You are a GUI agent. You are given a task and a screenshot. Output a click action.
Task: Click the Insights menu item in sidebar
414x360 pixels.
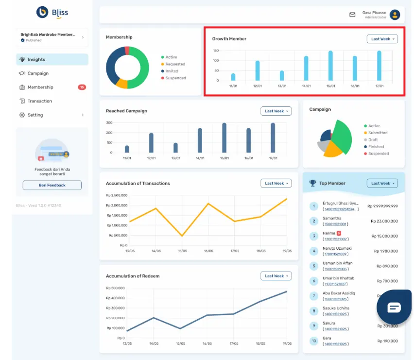[x=36, y=59]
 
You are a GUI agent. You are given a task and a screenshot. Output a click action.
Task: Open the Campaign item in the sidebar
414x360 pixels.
[x=37, y=73]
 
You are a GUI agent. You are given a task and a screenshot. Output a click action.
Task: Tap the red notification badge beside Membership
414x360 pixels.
[x=82, y=87]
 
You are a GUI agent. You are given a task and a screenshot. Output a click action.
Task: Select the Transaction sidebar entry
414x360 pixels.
[x=39, y=101]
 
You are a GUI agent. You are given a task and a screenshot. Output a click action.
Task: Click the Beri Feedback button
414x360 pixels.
[x=52, y=185]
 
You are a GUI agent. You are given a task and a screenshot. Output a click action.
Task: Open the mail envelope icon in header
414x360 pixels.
[x=352, y=15]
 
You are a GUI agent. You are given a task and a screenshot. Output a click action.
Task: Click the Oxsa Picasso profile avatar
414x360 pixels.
[x=395, y=15]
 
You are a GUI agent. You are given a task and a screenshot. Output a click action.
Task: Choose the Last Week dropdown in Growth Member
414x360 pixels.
[x=382, y=39]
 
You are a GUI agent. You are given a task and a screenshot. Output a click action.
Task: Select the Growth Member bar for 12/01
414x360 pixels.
[x=258, y=70]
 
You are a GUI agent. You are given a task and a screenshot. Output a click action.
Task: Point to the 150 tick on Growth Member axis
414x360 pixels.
[x=216, y=51]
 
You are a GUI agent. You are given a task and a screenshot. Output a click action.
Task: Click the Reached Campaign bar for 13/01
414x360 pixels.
[x=175, y=148]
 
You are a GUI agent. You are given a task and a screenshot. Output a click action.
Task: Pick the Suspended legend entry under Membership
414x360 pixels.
[x=175, y=78]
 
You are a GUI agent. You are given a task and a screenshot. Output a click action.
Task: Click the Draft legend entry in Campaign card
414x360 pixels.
[x=373, y=139]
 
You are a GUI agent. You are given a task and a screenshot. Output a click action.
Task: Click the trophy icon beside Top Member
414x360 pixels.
[x=312, y=183]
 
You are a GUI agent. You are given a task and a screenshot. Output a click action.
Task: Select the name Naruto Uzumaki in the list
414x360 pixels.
[x=337, y=248]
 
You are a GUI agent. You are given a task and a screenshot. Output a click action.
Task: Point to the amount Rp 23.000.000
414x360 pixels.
[x=384, y=221]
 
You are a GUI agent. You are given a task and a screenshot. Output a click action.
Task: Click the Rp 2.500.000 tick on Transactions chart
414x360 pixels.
[x=117, y=195]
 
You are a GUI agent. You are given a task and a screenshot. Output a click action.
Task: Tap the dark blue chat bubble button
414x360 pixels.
[x=394, y=308]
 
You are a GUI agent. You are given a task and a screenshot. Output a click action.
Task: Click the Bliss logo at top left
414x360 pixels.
[x=52, y=13]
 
